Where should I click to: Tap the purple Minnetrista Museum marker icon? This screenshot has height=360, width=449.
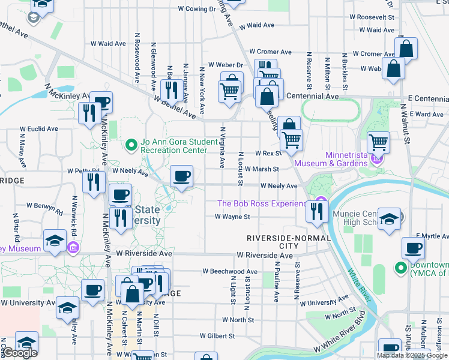pyautogui.click(x=376, y=158)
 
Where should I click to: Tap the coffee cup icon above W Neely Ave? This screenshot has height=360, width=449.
pyautogui.click(x=182, y=176)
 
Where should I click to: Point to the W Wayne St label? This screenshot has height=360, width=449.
pyautogui.click(x=232, y=217)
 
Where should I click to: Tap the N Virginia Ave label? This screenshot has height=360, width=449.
pyautogui.click(x=223, y=147)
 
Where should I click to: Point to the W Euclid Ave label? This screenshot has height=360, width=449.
pyautogui.click(x=39, y=128)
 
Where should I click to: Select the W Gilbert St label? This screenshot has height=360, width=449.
pyautogui.click(x=218, y=336)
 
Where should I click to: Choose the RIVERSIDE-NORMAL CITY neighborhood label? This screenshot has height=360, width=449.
pyautogui.click(x=289, y=242)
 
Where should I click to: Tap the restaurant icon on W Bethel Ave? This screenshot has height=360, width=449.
pyautogui.click(x=173, y=90)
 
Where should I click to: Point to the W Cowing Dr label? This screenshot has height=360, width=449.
pyautogui.click(x=197, y=9)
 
